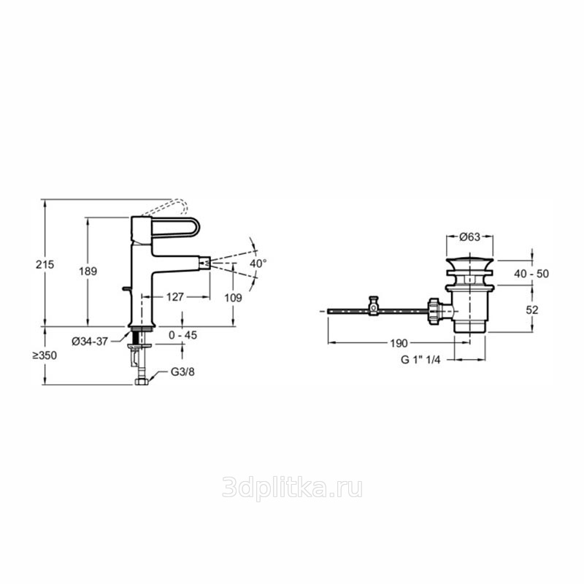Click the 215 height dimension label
45,264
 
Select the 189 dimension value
88,271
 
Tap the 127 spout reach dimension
175,297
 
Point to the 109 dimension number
233,298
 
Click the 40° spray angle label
258,264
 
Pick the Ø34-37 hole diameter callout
90,341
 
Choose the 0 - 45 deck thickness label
183,335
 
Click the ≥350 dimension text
45,356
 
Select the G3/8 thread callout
182,372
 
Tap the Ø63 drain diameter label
469,237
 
